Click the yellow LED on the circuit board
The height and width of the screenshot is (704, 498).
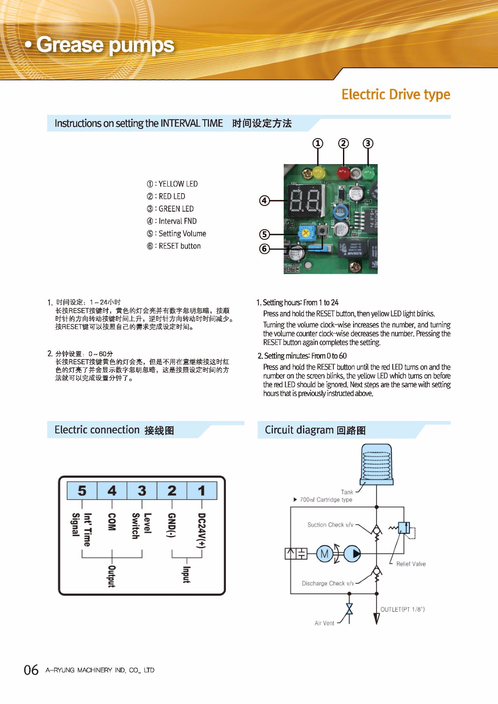(x=318, y=172)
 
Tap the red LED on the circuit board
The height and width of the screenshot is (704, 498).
(x=343, y=173)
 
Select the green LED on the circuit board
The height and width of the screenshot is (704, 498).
(x=368, y=173)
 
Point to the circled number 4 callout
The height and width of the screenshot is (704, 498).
(x=264, y=201)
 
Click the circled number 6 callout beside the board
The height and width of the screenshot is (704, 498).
(x=264, y=249)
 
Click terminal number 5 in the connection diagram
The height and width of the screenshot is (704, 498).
(x=82, y=491)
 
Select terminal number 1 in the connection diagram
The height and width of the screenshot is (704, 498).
(x=202, y=491)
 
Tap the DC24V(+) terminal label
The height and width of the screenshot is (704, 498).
(x=202, y=530)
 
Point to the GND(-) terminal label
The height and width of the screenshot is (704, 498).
(x=172, y=525)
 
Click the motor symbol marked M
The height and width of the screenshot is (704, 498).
(x=325, y=554)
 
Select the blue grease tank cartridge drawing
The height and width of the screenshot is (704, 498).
(x=376, y=464)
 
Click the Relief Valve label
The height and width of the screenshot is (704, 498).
(x=411, y=564)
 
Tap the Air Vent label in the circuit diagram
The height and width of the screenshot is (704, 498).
(x=325, y=623)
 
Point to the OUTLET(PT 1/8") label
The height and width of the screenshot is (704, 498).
(x=402, y=609)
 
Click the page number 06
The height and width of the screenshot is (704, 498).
(x=31, y=670)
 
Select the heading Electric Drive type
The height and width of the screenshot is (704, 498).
(x=396, y=95)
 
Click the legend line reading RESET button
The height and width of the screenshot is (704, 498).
(x=174, y=246)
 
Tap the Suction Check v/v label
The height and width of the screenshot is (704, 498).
(x=330, y=525)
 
